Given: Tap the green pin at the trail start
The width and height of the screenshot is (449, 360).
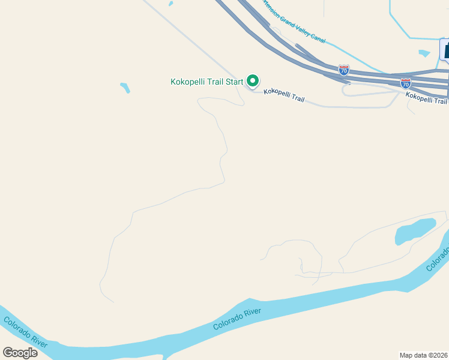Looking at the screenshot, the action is (x=253, y=80).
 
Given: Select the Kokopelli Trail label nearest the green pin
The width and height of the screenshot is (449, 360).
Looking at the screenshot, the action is (x=284, y=95).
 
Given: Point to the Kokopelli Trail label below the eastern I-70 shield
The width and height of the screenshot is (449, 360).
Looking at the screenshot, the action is (x=426, y=97).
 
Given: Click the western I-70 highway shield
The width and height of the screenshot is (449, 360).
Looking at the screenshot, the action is (x=343, y=70).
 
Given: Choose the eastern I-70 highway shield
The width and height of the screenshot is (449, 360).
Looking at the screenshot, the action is (x=406, y=83).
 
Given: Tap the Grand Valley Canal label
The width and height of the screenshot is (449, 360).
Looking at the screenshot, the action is (x=294, y=22).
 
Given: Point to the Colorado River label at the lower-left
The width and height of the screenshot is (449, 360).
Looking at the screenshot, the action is (x=25, y=331).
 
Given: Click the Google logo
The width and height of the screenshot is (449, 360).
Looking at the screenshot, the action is (x=20, y=353).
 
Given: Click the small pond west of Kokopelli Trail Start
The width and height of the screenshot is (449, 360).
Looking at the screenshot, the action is (x=125, y=88).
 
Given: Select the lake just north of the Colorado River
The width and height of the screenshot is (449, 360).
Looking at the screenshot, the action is (x=415, y=230).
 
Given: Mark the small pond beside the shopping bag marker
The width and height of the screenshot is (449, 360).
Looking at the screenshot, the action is (x=424, y=53).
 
